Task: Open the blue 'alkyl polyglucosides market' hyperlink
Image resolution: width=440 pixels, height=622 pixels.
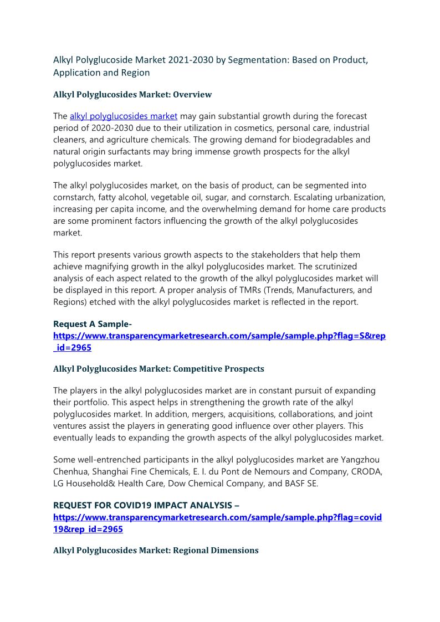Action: click(x=124, y=116)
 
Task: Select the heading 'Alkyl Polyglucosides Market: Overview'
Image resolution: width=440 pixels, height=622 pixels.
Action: click(x=132, y=95)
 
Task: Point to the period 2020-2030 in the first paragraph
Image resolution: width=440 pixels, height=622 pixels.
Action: click(x=111, y=128)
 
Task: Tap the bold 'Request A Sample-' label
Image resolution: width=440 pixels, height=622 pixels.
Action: click(x=93, y=324)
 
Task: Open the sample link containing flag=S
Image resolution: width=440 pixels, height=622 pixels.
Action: click(x=219, y=336)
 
